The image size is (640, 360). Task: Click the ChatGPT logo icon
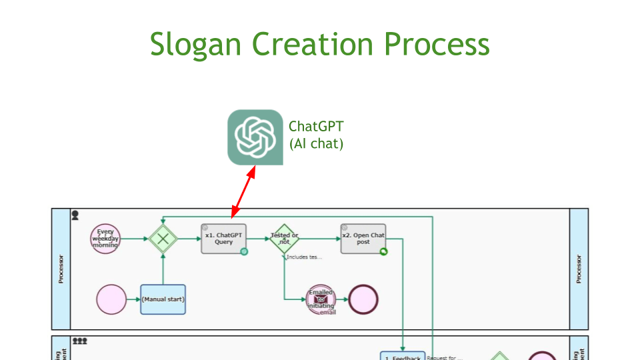pyautogui.click(x=255, y=137)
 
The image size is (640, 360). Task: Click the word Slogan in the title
pyautogui.click(x=194, y=44)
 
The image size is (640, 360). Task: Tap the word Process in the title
pyautogui.click(x=437, y=44)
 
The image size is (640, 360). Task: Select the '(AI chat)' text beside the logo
pyautogui.click(x=316, y=143)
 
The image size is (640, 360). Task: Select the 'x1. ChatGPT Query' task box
pyautogui.click(x=224, y=239)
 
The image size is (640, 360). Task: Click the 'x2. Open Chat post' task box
pyautogui.click(x=363, y=239)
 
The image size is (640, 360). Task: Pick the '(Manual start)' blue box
pyautogui.click(x=163, y=299)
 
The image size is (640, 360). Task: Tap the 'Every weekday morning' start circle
pyautogui.click(x=105, y=239)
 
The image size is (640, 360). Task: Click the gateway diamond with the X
pyautogui.click(x=163, y=239)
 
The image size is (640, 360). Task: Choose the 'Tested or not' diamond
pyautogui.click(x=285, y=239)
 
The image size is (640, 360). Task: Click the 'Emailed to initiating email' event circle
pyautogui.click(x=321, y=299)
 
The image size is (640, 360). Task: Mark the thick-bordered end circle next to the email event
pyautogui.click(x=363, y=299)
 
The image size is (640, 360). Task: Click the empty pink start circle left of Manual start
pyautogui.click(x=111, y=299)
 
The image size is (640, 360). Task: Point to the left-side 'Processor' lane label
pyautogui.click(x=61, y=269)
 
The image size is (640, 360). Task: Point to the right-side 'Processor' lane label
pyautogui.click(x=579, y=269)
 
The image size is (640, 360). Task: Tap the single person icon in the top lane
pyautogui.click(x=75, y=215)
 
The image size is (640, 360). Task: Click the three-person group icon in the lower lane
pyautogui.click(x=80, y=341)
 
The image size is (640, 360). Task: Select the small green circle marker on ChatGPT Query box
pyautogui.click(x=244, y=251)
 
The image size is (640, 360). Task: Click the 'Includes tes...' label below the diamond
pyautogui.click(x=304, y=257)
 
